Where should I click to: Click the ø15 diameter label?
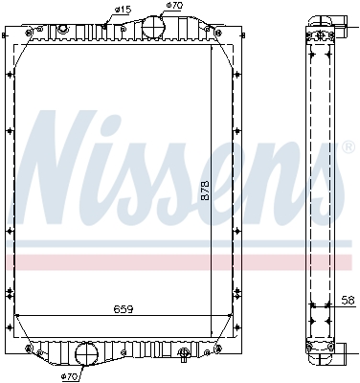pyautogui.click(x=123, y=10)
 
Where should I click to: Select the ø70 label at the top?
pyautogui.click(x=173, y=6)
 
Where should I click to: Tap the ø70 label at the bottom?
pyautogui.click(x=69, y=376)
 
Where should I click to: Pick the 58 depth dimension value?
pyautogui.click(x=348, y=300)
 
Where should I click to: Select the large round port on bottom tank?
pyautogui.click(x=87, y=355)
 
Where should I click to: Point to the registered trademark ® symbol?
pyautogui.click(x=343, y=148)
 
